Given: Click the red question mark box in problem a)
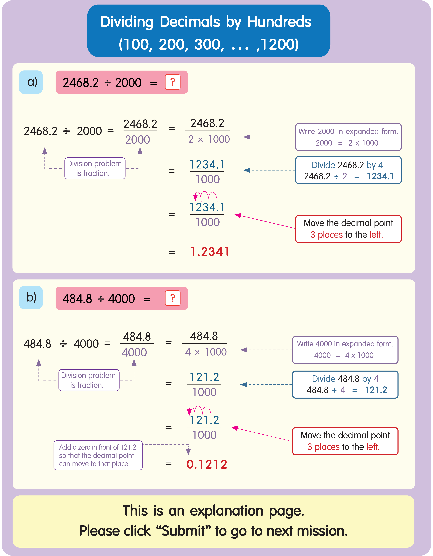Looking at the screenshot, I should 173,82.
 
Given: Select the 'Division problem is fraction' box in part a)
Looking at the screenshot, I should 95,168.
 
